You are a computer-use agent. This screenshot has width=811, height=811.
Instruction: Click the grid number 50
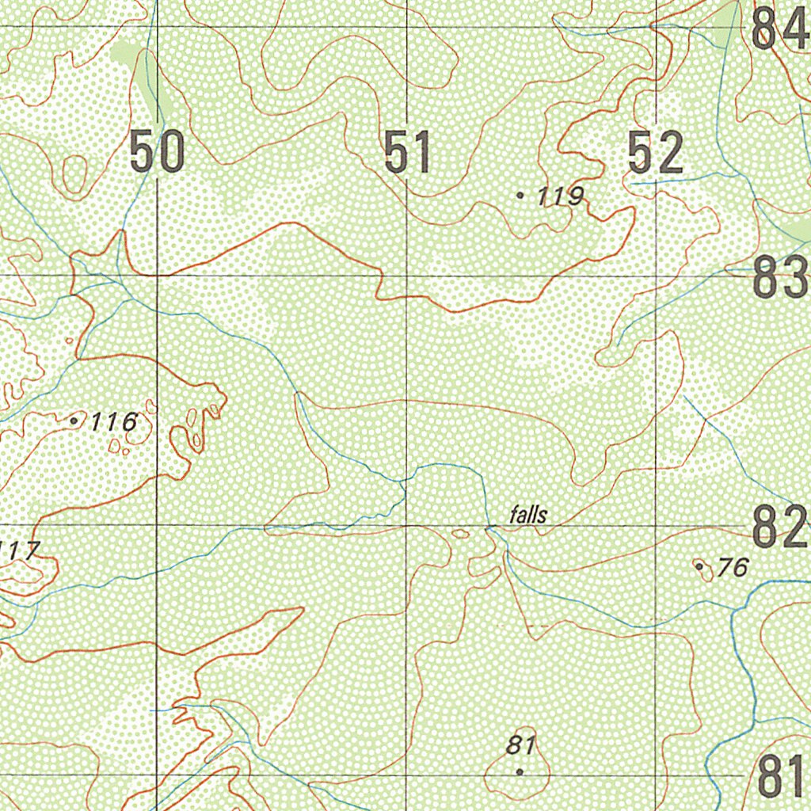(x=157, y=153)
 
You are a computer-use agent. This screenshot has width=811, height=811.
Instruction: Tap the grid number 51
(x=408, y=153)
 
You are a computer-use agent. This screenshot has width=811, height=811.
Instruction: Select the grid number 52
(x=655, y=153)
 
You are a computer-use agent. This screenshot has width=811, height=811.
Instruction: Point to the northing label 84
(x=779, y=29)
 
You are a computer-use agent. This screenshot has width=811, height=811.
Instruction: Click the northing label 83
(x=780, y=278)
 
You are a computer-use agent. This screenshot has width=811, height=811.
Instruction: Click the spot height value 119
(x=561, y=196)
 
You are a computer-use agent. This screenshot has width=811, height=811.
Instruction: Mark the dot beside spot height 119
(x=520, y=194)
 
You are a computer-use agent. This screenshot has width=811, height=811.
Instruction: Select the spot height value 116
(x=113, y=423)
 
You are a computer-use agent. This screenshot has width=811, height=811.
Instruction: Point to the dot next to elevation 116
(x=74, y=421)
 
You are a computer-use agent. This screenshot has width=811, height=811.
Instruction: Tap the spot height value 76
(x=733, y=567)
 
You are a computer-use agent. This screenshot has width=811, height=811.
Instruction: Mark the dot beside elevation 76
(x=699, y=565)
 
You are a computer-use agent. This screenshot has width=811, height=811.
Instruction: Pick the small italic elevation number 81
(x=524, y=746)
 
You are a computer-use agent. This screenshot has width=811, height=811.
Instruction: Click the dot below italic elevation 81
(x=520, y=771)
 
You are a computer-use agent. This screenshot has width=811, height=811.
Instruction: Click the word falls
(x=528, y=516)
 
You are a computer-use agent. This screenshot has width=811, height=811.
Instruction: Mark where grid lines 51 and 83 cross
(x=406, y=276)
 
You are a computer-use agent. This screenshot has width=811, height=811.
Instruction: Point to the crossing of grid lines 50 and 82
(x=157, y=524)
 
